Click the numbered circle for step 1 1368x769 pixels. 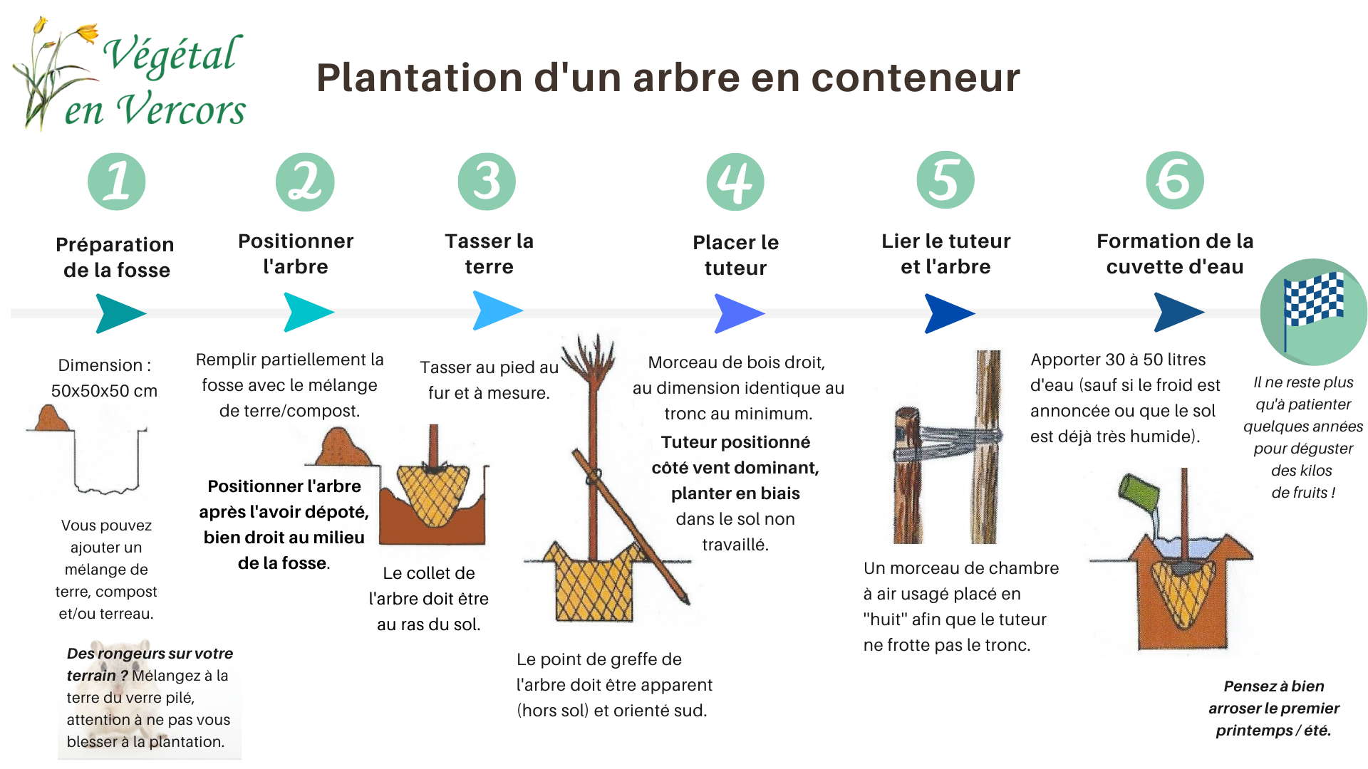click(117, 182)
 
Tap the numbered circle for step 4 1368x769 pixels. click(735, 182)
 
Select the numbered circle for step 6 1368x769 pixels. click(1175, 180)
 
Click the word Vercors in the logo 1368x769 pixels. click(181, 110)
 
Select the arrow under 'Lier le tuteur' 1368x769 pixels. click(948, 313)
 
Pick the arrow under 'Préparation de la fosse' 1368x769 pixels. click(120, 313)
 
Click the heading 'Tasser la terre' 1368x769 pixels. click(489, 253)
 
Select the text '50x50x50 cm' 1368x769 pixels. click(104, 391)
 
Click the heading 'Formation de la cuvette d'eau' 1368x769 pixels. click(1175, 253)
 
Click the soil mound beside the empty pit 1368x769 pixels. click(51, 419)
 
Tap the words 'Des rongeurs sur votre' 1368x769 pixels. click(150, 654)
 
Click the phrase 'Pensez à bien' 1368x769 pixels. click(1273, 686)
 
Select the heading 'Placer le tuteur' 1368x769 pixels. click(735, 255)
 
